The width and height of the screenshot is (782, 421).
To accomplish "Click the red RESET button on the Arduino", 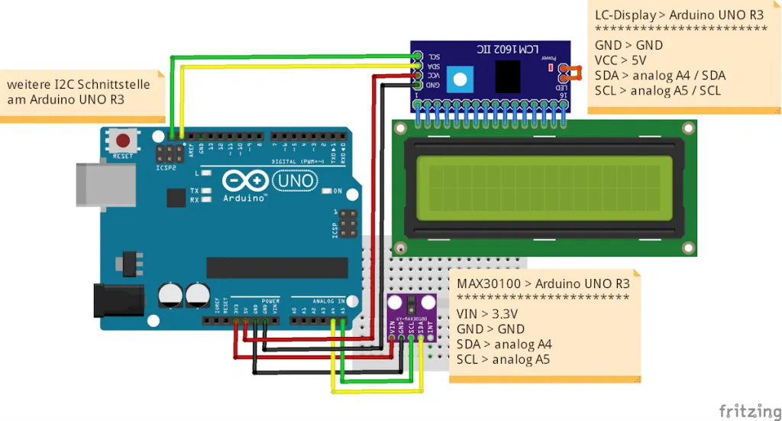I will pyautogui.click(x=122, y=141).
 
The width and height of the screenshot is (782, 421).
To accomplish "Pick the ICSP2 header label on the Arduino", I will pyautogui.click(x=165, y=167).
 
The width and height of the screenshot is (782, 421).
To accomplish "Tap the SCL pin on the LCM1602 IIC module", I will pyautogui.click(x=417, y=57).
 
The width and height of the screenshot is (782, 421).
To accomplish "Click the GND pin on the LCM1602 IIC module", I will pyautogui.click(x=417, y=85).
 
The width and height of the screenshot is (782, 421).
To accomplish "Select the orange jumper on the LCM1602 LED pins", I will pyautogui.click(x=567, y=73).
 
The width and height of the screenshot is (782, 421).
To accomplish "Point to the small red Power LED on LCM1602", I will pyautogui.click(x=551, y=69).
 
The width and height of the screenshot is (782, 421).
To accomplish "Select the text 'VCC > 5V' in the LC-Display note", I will pyautogui.click(x=621, y=60).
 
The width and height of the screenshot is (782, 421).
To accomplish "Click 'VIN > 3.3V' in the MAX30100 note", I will pyautogui.click(x=487, y=313).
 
